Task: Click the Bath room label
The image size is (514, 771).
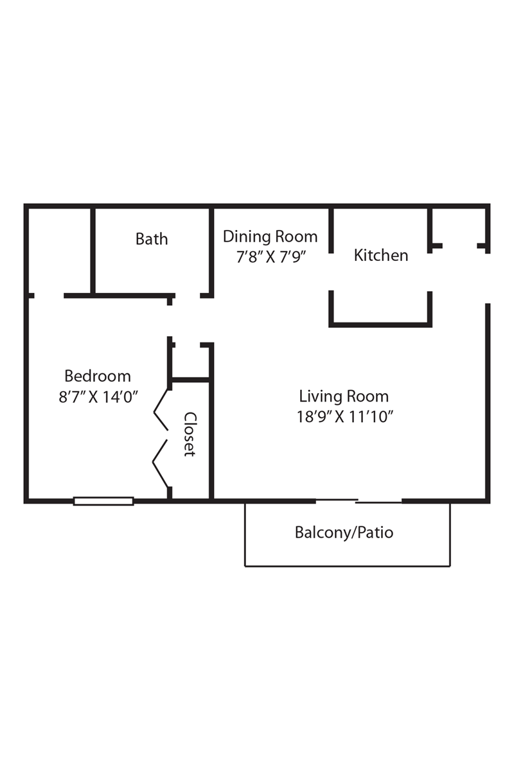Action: [152, 239]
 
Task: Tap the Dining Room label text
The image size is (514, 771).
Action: [270, 236]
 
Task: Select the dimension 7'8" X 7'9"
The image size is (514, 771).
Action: [270, 257]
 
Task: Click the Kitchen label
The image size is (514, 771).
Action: [381, 255]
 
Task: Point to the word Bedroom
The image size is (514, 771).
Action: [98, 376]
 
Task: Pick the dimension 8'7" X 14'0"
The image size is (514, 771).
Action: [98, 396]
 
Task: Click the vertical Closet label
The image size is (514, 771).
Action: [190, 434]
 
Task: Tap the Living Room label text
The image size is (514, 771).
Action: [344, 396]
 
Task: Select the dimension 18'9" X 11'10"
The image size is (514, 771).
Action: [344, 416]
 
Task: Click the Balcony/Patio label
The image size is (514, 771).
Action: [344, 533]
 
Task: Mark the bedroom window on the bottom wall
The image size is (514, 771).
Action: [103, 501]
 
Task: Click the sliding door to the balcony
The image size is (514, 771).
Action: [359, 501]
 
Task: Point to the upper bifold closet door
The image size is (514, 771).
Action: [161, 410]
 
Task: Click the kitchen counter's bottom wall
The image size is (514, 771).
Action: [380, 324]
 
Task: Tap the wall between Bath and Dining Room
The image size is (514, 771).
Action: [211, 251]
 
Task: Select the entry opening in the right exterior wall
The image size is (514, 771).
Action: [488, 278]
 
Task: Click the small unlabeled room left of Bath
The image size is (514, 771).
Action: [60, 251]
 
